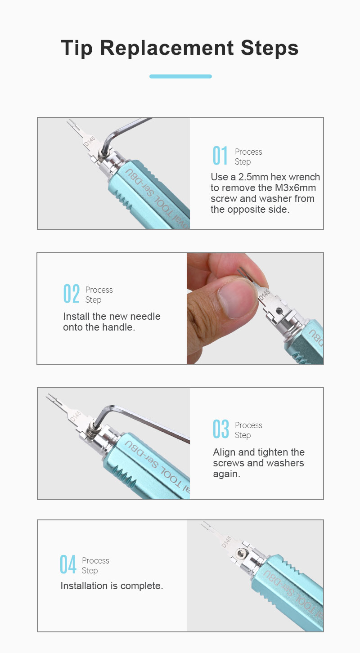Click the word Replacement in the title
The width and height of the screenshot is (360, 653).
[x=166, y=48]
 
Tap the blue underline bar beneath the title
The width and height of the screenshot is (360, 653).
[x=180, y=76]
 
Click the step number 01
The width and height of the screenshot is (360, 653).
[x=220, y=156]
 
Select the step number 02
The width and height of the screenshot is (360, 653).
[x=71, y=294]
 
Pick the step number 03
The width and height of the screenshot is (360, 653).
[x=221, y=429]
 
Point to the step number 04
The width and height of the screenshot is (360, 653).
[x=68, y=564]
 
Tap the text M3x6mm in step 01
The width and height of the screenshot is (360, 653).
[x=295, y=188]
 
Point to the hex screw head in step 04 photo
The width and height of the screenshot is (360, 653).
[x=242, y=553]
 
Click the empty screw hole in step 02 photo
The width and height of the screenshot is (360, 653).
[x=279, y=311]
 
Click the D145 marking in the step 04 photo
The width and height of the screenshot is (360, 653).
[x=226, y=541]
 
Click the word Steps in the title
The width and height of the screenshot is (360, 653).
[x=270, y=48]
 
